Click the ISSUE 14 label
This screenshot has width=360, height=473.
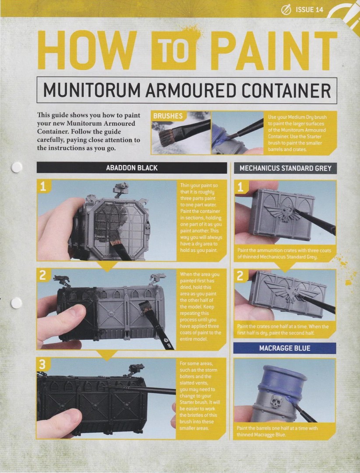tap(309, 10)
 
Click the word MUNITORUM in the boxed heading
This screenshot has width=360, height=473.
tap(92, 90)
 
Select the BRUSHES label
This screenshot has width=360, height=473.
tap(168, 116)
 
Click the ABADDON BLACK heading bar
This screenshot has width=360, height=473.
tap(131, 168)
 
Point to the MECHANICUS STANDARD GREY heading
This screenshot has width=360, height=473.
tap(285, 168)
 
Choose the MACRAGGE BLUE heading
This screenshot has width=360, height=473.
tap(285, 348)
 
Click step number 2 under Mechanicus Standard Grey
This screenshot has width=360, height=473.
tap(240, 275)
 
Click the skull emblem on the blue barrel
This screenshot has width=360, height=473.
tap(276, 401)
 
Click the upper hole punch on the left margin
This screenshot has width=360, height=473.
tap(17, 167)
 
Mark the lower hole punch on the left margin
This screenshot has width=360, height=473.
tap(16, 303)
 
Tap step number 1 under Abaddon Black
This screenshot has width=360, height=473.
tap(43, 187)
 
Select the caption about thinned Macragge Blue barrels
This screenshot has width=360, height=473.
tap(277, 431)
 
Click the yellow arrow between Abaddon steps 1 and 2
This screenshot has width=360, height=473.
tap(107, 265)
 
